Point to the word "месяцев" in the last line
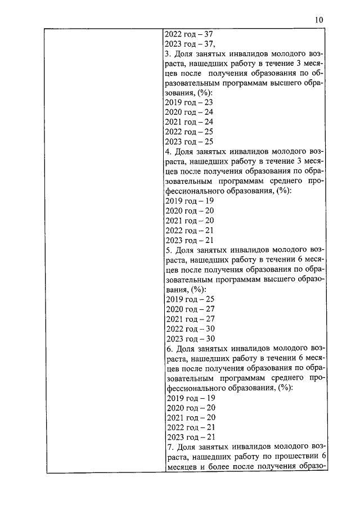tap(181, 467)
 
